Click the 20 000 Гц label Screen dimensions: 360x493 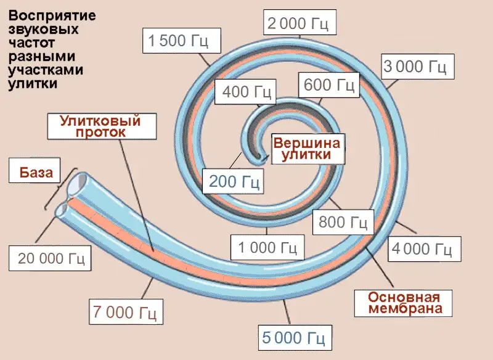pyautogui.click(x=51, y=258)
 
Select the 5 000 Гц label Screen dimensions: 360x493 pyautogui.click(x=293, y=338)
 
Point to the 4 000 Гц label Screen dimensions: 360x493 pyautogui.click(x=423, y=249)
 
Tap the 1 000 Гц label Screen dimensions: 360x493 pyautogui.click(x=267, y=248)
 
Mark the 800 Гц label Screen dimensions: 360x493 pyautogui.click(x=343, y=221)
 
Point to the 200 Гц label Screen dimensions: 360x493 pyautogui.click(x=234, y=181)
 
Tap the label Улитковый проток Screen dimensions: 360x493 pyautogui.click(x=100, y=126)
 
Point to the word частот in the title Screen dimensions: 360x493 pyautogui.click(x=32, y=44)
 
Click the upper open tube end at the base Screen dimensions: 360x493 pyautogui.click(x=76, y=184)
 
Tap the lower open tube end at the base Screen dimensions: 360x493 pyautogui.click(x=63, y=211)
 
